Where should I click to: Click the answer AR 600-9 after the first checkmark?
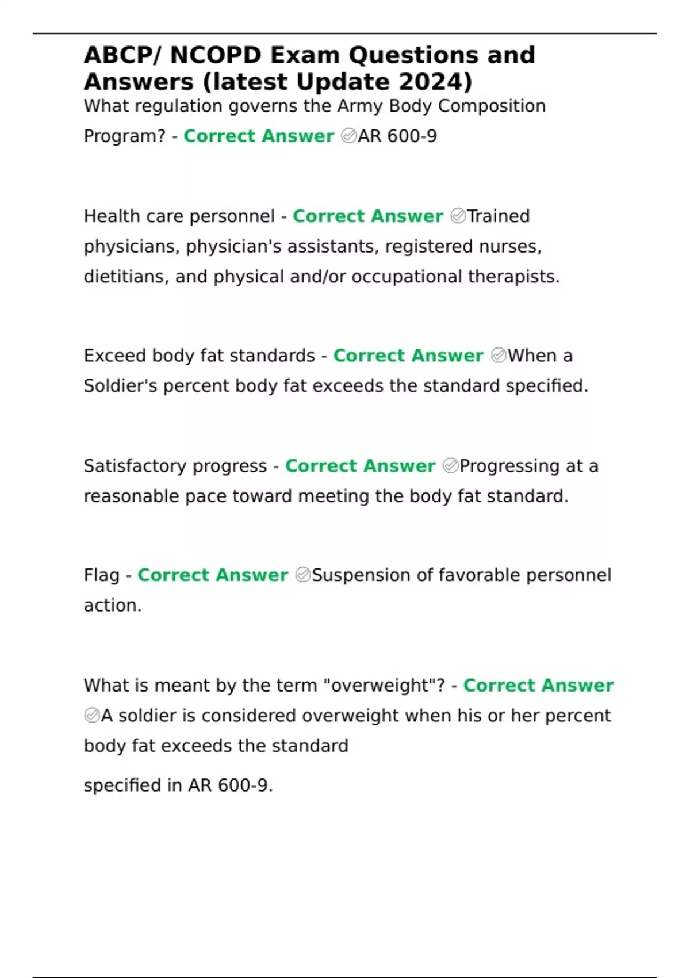pos(397,136)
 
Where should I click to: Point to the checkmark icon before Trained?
pos(458,216)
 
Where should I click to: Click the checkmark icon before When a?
pos(499,356)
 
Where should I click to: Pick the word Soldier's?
pos(120,385)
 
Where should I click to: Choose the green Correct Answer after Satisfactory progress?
pos(360,465)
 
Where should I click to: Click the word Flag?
pos(101,575)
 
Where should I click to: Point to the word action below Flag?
pos(112,605)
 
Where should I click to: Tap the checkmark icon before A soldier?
pos(92,716)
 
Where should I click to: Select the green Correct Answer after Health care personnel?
pos(367,216)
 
